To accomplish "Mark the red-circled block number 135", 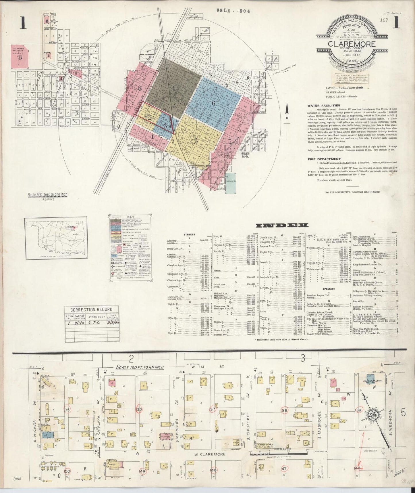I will (67, 410).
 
